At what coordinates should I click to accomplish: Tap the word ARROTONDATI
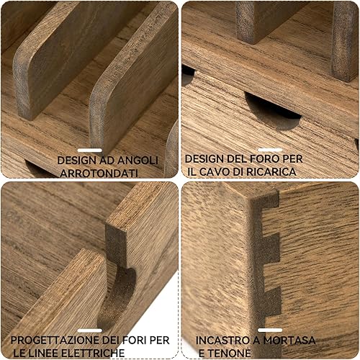[99, 173]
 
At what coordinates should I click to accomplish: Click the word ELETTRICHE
[93, 354]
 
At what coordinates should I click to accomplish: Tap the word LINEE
[45, 354]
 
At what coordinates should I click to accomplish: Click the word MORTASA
[289, 341]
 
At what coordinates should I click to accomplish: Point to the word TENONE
[229, 354]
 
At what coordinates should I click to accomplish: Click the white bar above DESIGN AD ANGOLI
[90, 150]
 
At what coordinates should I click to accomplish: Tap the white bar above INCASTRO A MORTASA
[270, 330]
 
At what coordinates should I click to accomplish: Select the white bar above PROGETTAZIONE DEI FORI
[90, 330]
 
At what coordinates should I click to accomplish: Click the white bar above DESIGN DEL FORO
[270, 150]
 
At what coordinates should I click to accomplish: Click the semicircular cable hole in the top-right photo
[272, 112]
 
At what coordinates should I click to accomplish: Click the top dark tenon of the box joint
[268, 199]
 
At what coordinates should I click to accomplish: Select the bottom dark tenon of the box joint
[271, 301]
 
